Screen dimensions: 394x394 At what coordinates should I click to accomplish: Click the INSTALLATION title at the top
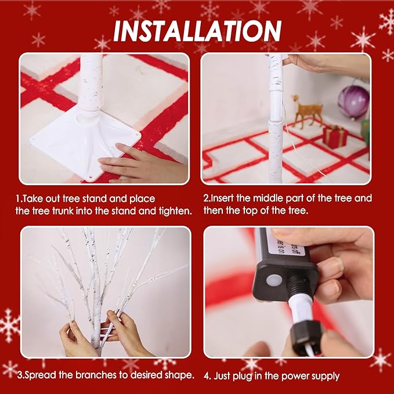(x=197, y=31)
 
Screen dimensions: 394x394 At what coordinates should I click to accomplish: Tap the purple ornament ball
(x=353, y=102)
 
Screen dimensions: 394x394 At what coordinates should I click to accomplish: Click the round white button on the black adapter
(x=273, y=280)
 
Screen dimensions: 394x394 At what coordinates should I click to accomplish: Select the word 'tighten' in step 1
(x=175, y=211)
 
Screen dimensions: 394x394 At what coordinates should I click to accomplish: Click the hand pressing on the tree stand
(x=143, y=163)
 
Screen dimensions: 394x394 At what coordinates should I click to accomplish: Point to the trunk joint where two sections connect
(x=276, y=121)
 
